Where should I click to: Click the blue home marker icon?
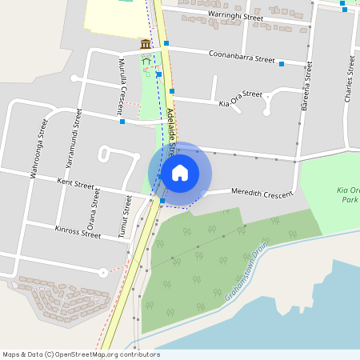(180, 172)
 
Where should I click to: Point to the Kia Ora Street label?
(240, 98)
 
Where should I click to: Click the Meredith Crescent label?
(262, 193)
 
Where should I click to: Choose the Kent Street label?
(77, 184)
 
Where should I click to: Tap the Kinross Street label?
(78, 233)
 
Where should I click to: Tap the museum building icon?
(146, 44)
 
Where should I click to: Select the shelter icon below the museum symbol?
(146, 58)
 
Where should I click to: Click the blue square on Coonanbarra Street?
(282, 64)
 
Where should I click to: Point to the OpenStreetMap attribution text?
(80, 354)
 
